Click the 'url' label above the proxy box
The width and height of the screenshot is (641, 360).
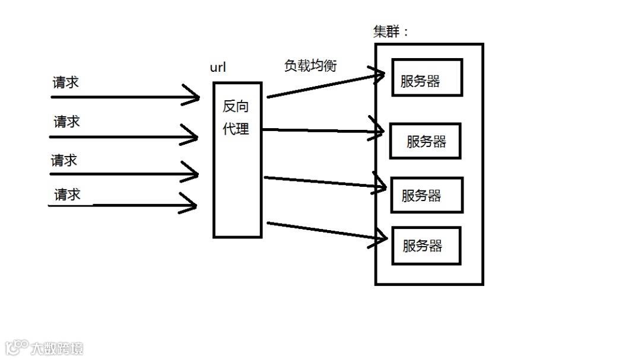coord(218,67)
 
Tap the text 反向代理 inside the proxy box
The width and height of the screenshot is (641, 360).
coord(236,117)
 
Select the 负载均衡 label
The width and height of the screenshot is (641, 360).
coord(310,66)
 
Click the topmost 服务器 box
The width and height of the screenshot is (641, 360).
coord(427,78)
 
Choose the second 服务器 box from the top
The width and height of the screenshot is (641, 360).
coord(425,141)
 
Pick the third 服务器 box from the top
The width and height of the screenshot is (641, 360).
coord(426,195)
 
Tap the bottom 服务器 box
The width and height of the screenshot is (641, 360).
coord(426,246)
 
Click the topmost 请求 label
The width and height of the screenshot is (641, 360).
coord(65,82)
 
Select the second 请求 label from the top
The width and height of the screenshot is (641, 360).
coord(66,122)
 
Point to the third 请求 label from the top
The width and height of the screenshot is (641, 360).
coord(64,161)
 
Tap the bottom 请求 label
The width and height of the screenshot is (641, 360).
coord(67,195)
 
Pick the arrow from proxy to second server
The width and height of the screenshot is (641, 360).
coord(320,130)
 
